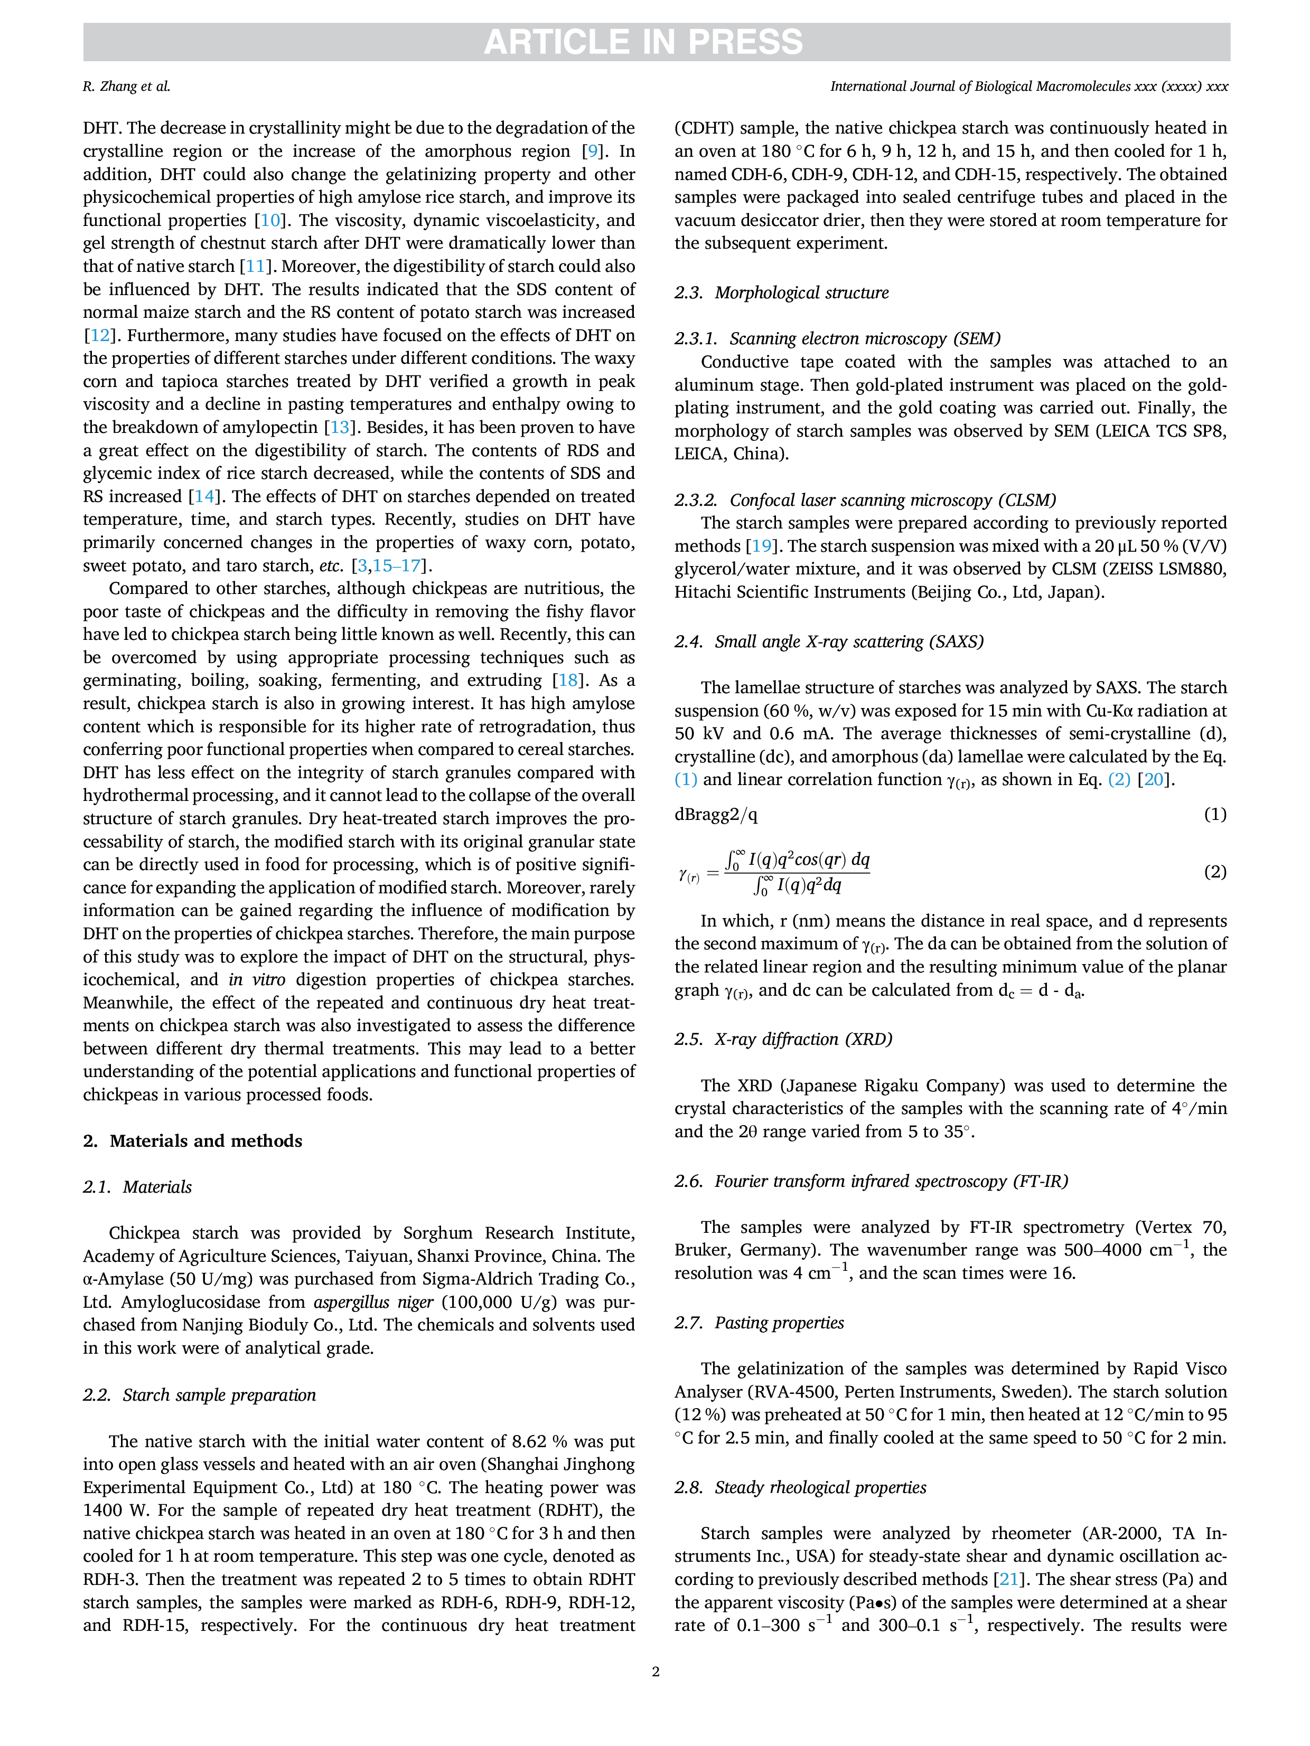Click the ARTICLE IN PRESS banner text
[643, 42]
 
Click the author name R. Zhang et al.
[126, 87]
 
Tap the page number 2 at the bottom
[656, 1671]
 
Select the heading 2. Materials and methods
[193, 1140]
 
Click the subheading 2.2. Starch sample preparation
[199, 1395]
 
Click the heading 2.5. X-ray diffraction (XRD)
[783, 1039]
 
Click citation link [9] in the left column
[592, 151]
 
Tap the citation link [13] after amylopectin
[339, 427]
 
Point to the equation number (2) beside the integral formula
[1215, 872]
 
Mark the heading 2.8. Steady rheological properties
[801, 1487]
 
